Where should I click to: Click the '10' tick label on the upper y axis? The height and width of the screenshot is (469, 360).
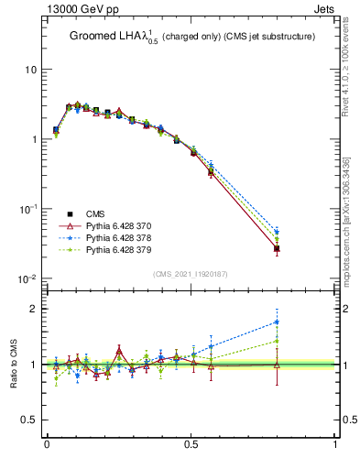29,70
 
